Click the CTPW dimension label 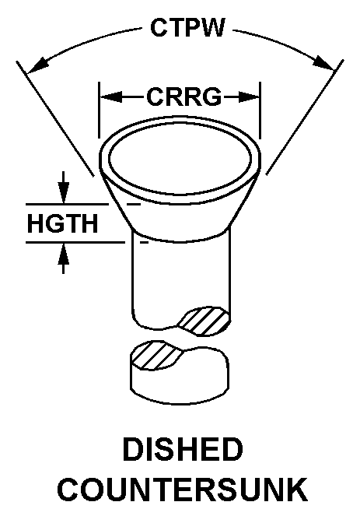click(x=187, y=27)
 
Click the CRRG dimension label click(x=184, y=97)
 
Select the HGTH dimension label click(x=62, y=223)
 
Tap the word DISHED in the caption click(x=183, y=449)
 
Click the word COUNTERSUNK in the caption click(x=183, y=490)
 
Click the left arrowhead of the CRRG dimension click(x=110, y=97)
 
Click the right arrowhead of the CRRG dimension click(x=249, y=97)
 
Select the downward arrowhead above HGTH click(x=64, y=192)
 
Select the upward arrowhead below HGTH click(x=64, y=254)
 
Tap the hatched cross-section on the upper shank click(x=204, y=321)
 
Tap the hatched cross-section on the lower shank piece click(x=157, y=355)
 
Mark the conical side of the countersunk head click(x=180, y=217)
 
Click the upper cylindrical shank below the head click(x=181, y=276)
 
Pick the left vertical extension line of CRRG click(x=99, y=111)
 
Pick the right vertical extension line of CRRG click(x=260, y=111)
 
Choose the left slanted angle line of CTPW click(x=55, y=118)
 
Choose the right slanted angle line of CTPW click(x=305, y=118)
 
